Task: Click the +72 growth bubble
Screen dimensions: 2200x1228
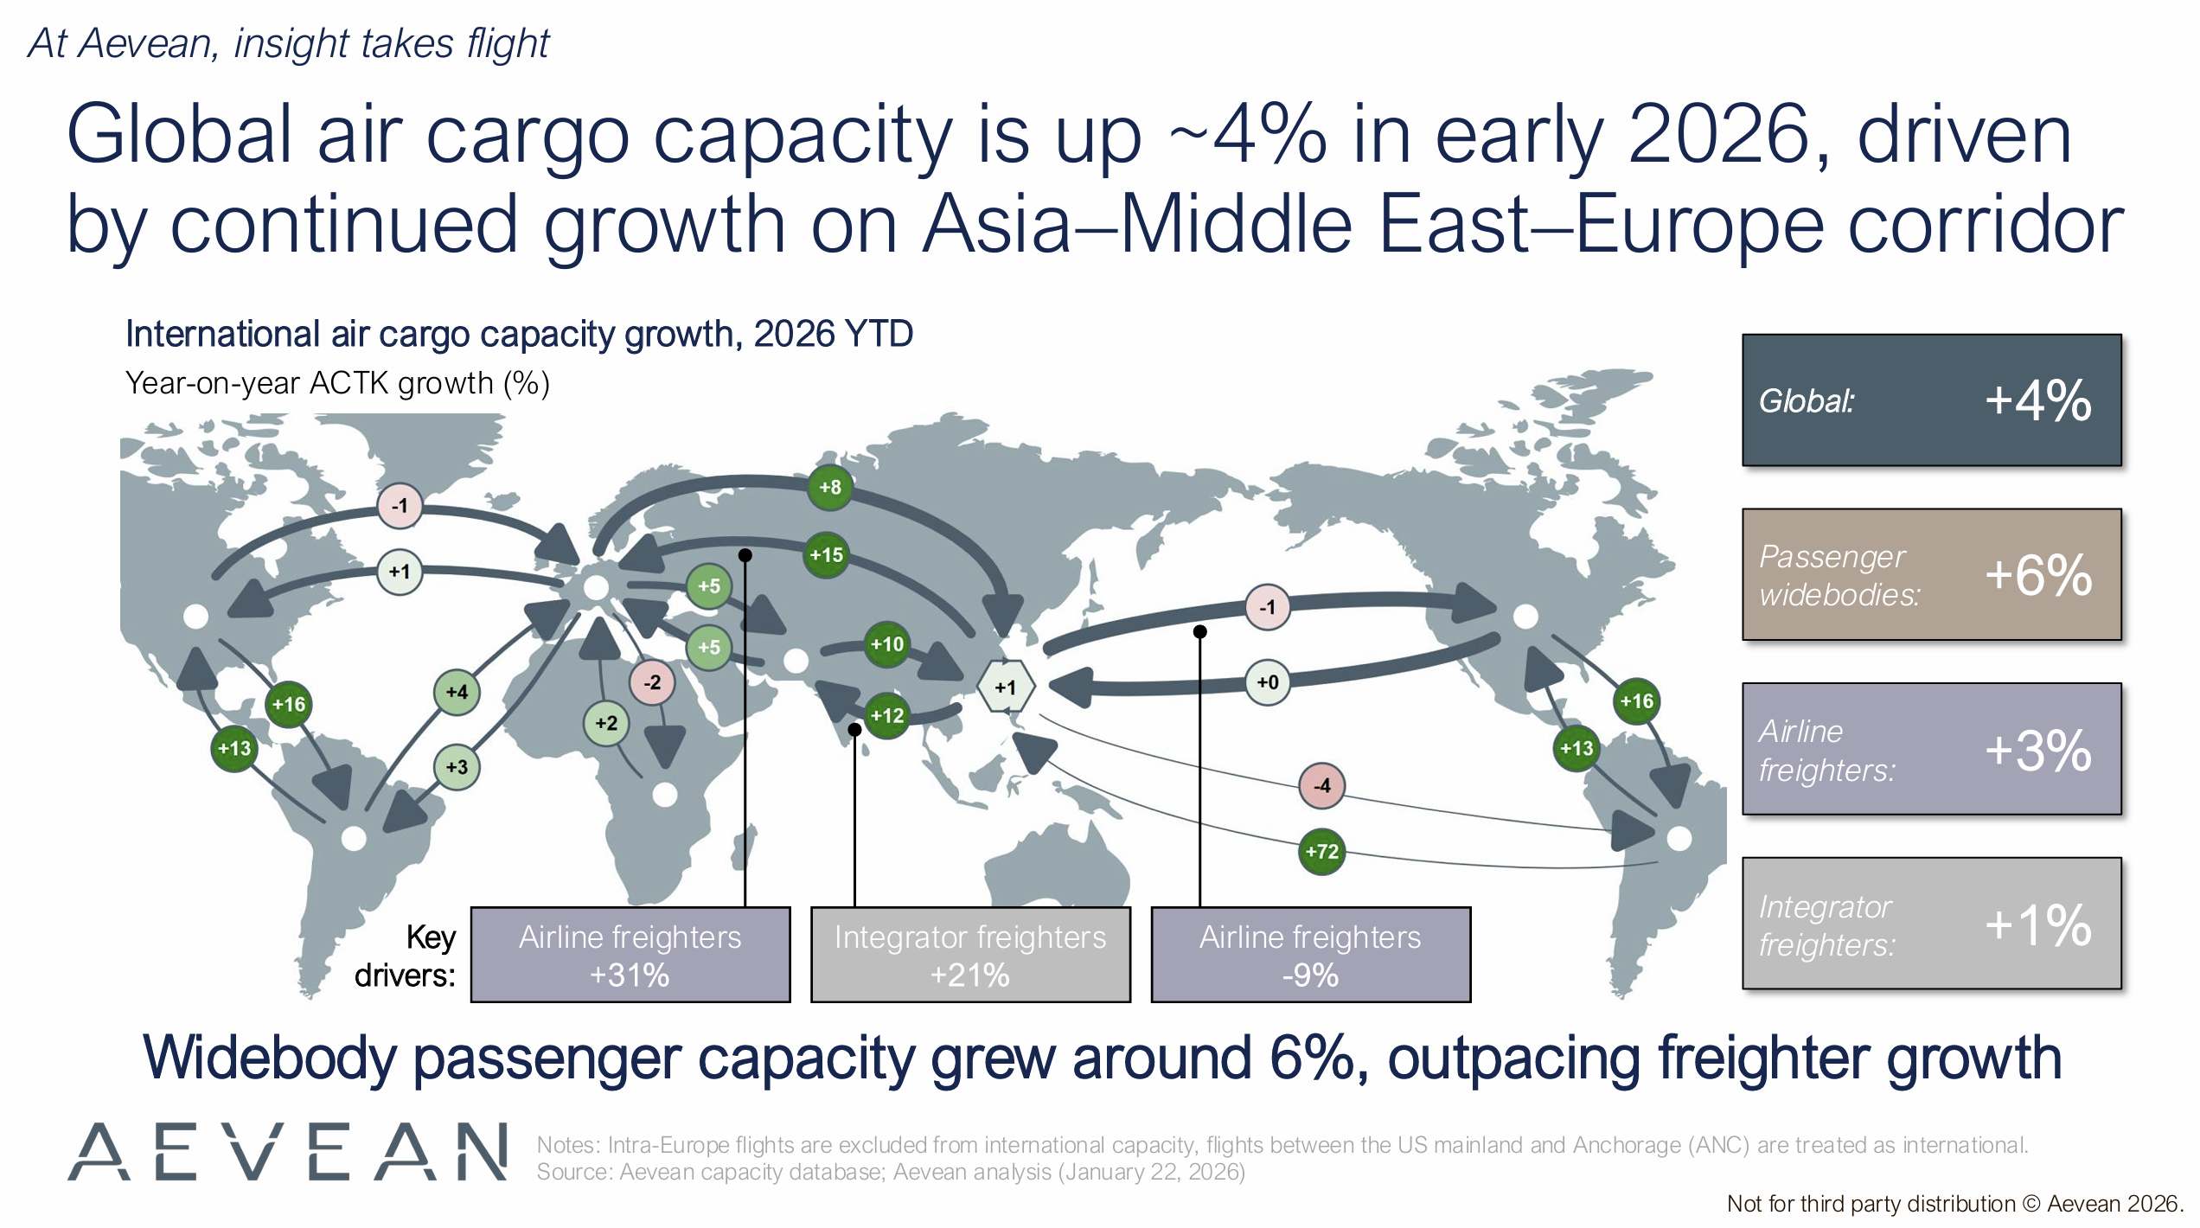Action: [x=1321, y=852]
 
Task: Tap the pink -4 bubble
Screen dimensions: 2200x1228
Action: [x=1321, y=786]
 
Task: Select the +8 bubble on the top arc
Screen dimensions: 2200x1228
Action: [x=830, y=487]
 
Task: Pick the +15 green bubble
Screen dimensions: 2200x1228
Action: [x=826, y=555]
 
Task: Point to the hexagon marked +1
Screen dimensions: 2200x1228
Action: [x=1005, y=687]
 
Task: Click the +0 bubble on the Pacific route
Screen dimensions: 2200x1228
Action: [x=1268, y=682]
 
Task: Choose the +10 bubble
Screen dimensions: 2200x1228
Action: [x=887, y=644]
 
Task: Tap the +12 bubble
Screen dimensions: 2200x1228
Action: [x=887, y=716]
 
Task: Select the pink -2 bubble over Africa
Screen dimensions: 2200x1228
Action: [x=652, y=682]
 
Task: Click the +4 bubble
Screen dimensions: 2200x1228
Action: [x=457, y=692]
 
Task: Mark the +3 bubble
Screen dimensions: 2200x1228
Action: [x=457, y=767]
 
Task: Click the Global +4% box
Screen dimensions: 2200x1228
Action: [x=1932, y=400]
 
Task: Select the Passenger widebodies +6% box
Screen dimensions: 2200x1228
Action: [x=1932, y=575]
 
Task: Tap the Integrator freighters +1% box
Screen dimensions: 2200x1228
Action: [x=1932, y=924]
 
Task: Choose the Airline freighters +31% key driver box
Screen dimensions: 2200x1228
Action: [x=630, y=955]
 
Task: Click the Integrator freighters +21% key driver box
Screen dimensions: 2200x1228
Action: [x=970, y=955]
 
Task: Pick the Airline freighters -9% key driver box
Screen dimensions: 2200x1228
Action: [x=1311, y=955]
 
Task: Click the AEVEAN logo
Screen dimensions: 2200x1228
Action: [x=288, y=1152]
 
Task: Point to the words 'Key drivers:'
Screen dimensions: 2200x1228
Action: [x=406, y=956]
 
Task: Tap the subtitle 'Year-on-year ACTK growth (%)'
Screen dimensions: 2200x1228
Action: [x=338, y=383]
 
